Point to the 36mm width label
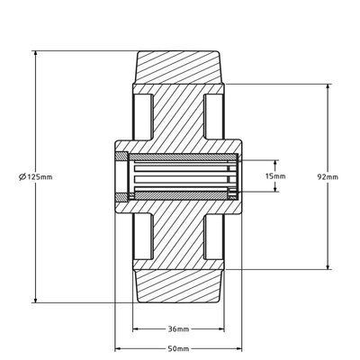[x=178, y=328]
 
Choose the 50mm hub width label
[x=178, y=346]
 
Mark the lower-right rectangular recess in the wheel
[x=213, y=238]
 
